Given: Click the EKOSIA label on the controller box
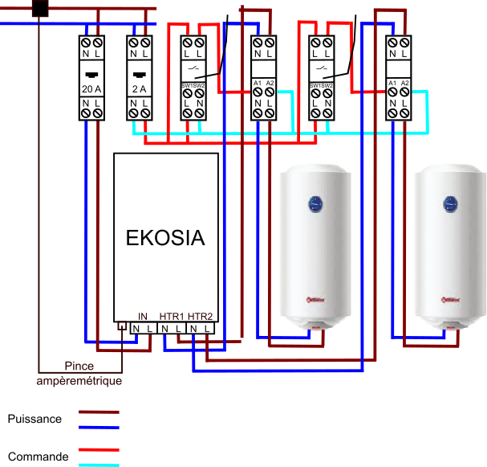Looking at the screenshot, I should pos(165,239).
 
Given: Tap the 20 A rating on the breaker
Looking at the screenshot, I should pos(91,89).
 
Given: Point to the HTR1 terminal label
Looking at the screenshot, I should pos(172,316).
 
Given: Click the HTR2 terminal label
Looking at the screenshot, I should pos(201,316).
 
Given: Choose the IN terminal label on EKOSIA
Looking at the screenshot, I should pos(143,316).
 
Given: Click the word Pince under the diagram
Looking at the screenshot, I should pos(79,367).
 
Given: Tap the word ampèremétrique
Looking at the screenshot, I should pos(79,380).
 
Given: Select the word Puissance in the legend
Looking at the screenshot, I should pos(34,419).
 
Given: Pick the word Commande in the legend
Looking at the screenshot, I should pos(38,457).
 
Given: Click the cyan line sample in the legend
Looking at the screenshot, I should pos(98,465).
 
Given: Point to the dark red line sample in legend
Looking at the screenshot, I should pos(98,412).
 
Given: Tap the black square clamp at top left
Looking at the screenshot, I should pos(39,8).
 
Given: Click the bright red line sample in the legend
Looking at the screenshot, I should pos(98,450).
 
